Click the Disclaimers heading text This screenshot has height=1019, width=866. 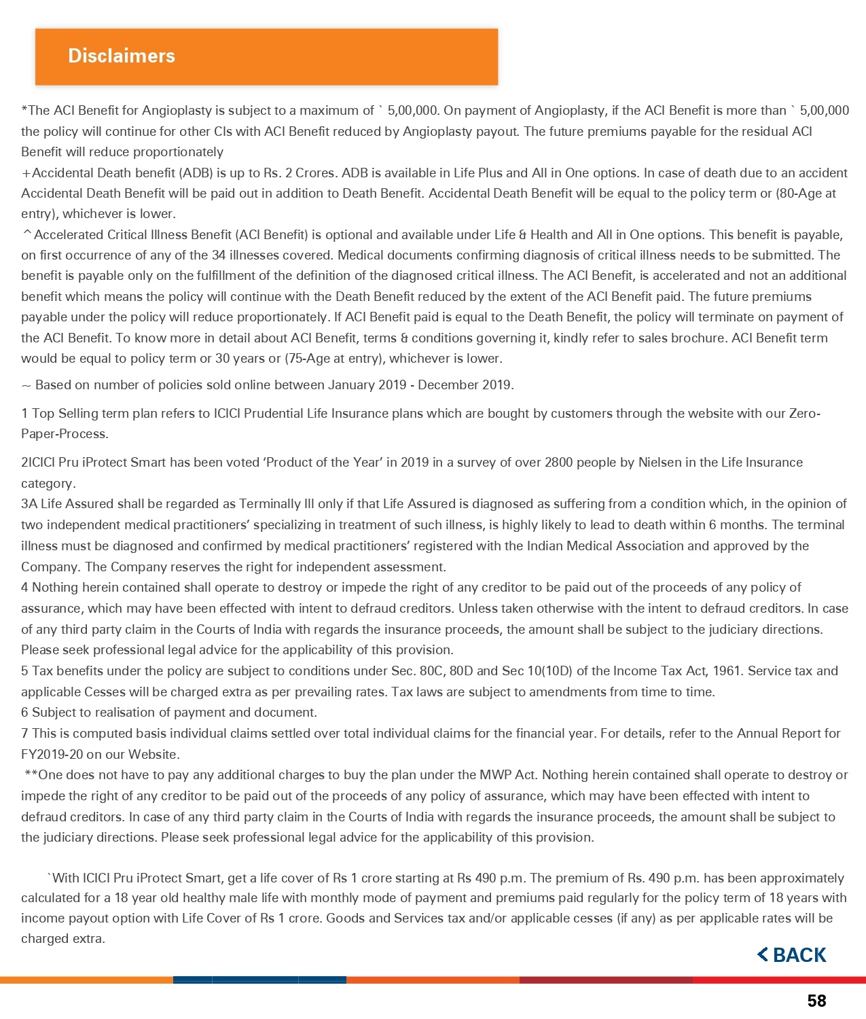(122, 56)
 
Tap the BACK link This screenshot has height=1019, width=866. (792, 955)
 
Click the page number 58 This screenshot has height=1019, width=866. (816, 1001)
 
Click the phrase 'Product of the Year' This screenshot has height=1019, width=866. (323, 463)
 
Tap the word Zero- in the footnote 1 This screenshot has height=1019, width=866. (805, 414)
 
